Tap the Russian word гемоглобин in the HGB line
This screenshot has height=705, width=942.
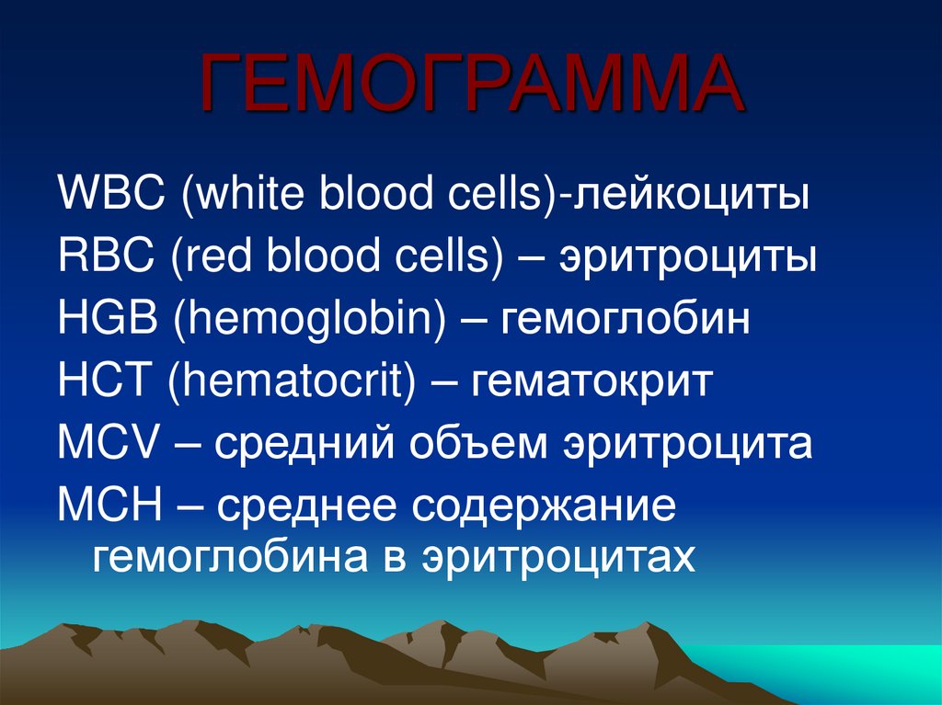[625, 319]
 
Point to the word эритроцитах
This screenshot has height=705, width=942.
[557, 556]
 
